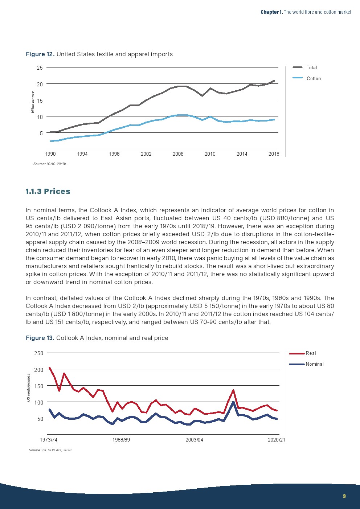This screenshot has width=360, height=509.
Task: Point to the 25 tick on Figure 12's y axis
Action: click(40, 67)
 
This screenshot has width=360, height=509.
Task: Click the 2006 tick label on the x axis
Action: click(178, 154)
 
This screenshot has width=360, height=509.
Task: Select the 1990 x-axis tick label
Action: click(50, 154)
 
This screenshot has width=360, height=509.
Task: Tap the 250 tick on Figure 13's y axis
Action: click(39, 353)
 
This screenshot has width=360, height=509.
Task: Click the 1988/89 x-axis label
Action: click(121, 440)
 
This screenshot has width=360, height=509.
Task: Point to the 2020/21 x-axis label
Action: click(277, 440)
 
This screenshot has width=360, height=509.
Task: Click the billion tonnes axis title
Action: click(33, 102)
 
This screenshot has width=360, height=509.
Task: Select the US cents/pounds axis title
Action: click(28, 388)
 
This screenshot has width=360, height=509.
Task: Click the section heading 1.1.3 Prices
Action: click(48, 192)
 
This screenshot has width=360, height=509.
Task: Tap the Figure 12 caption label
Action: click(40, 54)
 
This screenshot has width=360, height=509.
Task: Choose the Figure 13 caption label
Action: click(40, 338)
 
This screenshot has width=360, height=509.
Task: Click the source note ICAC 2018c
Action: click(50, 164)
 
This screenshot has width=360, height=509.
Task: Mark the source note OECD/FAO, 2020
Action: click(50, 450)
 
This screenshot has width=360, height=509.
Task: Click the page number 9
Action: click(344, 496)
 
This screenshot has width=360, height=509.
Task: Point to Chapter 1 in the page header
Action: click(271, 12)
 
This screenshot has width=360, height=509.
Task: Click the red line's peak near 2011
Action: click(233, 390)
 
